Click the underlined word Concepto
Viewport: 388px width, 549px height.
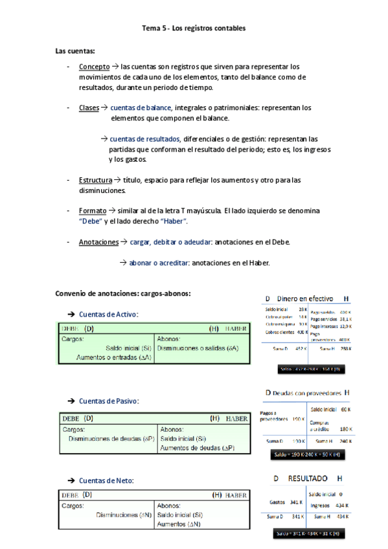(94, 67)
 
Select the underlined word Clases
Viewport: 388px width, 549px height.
(89, 108)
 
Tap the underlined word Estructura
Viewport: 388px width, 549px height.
(95, 180)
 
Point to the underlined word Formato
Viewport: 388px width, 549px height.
(93, 211)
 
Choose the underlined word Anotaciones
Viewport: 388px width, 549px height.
(98, 242)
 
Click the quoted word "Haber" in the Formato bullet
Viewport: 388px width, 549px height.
(174, 221)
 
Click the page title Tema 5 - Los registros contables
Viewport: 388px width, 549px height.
(194, 28)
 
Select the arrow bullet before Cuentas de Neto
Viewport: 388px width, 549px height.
(71, 480)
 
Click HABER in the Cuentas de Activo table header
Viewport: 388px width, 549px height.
(236, 329)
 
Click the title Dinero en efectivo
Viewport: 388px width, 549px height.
(305, 298)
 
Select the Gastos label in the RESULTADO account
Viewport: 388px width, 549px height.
(277, 502)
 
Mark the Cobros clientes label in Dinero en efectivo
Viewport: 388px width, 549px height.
(280, 331)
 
